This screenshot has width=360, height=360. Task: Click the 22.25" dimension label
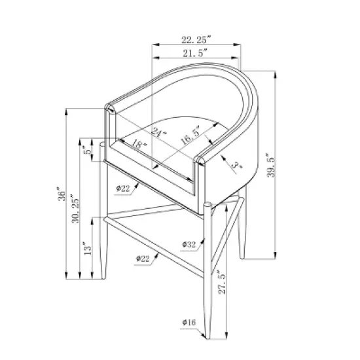coord(196,39)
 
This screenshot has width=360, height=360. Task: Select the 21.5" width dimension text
coord(195,53)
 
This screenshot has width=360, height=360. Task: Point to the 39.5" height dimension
coord(270,165)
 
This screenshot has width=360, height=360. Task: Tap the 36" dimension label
coord(62,194)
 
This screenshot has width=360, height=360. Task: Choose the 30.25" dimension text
coord(75,209)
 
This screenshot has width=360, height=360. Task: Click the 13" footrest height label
coord(87,248)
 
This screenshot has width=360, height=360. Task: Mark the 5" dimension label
coord(88,150)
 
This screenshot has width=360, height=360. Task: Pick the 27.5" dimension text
coord(222,281)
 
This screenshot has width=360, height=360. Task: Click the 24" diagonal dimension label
coord(159,132)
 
